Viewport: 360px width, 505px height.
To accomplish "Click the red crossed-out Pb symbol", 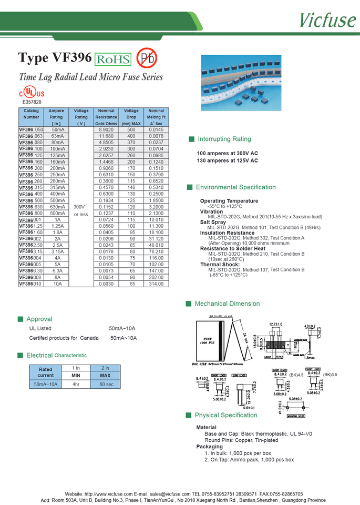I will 146,58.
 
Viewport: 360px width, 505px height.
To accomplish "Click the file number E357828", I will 32,102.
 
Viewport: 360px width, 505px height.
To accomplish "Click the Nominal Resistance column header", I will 106,117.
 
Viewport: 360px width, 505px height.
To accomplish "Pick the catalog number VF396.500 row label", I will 32,200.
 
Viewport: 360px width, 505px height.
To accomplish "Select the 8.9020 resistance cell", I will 106,129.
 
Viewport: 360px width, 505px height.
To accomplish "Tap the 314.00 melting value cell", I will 156,284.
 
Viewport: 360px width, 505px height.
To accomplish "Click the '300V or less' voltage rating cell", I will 81,211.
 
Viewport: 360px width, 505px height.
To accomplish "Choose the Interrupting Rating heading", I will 224,139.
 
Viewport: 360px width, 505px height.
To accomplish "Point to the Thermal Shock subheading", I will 220,264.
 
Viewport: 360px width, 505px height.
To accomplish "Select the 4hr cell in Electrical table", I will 76,385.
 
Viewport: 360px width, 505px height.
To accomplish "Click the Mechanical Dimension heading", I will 227,304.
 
